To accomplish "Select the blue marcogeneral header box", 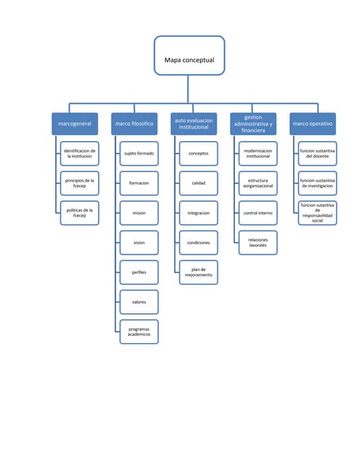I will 74,124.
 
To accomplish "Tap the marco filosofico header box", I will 134,124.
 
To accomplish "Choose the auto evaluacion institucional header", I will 193,124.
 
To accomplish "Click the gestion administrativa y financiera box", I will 253,124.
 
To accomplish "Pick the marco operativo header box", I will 313,124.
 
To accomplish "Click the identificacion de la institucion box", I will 79,153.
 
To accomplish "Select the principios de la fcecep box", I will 79,183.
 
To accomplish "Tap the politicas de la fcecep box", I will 79,213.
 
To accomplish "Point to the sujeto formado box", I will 139,153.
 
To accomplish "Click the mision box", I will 139,213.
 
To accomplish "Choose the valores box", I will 139,302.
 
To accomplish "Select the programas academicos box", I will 139,331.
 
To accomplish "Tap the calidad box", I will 199,183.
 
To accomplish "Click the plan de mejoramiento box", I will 199,272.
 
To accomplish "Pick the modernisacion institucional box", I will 258,153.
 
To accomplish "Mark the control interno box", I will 258,213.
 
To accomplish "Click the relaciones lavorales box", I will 258,243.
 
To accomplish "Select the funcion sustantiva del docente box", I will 318,153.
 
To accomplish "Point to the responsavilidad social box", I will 318,214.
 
